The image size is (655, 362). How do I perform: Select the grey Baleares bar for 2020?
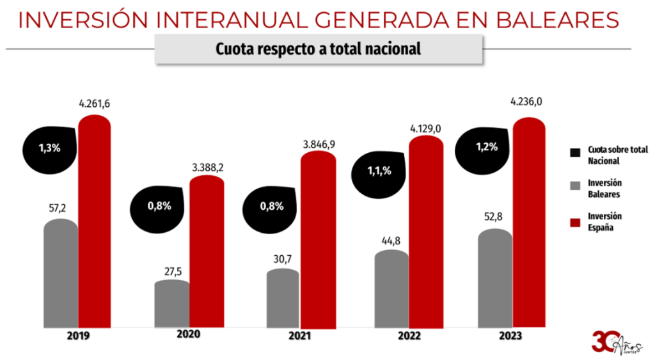173,303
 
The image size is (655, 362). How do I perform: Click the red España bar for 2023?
530,224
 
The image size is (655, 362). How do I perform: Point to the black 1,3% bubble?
50,147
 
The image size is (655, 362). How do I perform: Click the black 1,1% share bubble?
379,171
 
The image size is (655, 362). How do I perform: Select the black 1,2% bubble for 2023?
485,147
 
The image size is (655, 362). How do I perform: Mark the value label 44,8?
392,240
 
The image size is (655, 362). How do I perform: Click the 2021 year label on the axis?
300,336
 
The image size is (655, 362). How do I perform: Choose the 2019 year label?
77,336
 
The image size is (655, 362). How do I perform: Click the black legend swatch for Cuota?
575,152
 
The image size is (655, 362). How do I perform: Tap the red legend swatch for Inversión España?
575,221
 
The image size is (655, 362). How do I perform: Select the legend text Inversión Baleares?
605,188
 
